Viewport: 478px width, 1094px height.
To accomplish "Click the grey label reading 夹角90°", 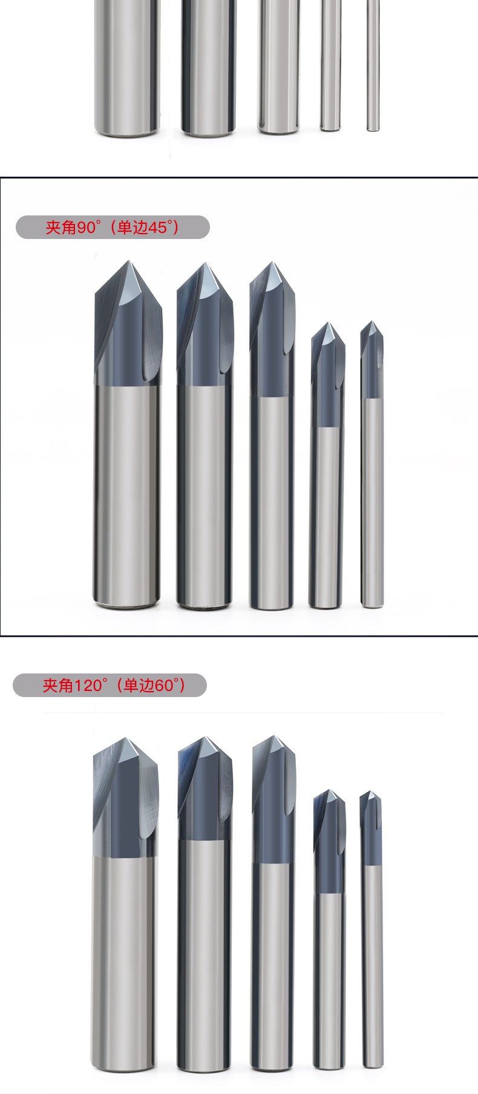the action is tap(113, 227).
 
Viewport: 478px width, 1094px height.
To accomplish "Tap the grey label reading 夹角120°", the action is tap(110, 685).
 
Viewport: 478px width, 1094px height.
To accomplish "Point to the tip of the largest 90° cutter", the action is tap(129, 261).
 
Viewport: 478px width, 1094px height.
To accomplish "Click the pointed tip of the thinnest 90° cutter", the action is tap(372, 321).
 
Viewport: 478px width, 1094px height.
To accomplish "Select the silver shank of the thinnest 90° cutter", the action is tap(372, 502).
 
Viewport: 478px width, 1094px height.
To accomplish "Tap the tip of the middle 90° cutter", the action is tap(272, 262).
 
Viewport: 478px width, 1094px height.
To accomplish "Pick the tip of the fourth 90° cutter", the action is tap(328, 323).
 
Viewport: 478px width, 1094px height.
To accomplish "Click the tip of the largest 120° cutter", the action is tap(126, 738).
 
